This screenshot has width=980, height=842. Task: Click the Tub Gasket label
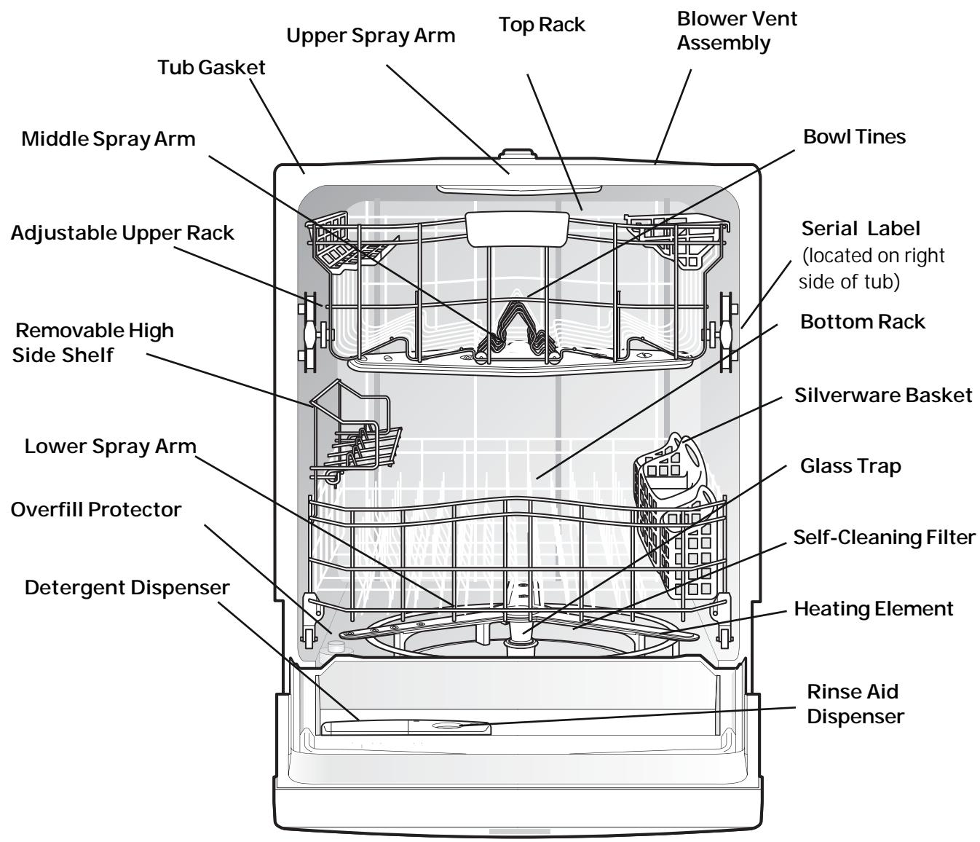[212, 68]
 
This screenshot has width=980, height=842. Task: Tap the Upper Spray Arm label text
[371, 36]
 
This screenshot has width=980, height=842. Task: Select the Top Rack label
[542, 25]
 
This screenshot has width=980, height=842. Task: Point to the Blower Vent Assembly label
[737, 31]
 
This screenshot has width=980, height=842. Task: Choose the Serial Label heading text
[861, 229]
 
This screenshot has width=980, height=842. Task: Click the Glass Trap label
[850, 465]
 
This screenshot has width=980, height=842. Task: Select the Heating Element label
[873, 608]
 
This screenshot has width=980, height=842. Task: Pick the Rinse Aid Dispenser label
[855, 703]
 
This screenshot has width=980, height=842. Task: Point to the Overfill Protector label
[95, 509]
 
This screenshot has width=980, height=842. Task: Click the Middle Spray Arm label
[108, 138]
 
